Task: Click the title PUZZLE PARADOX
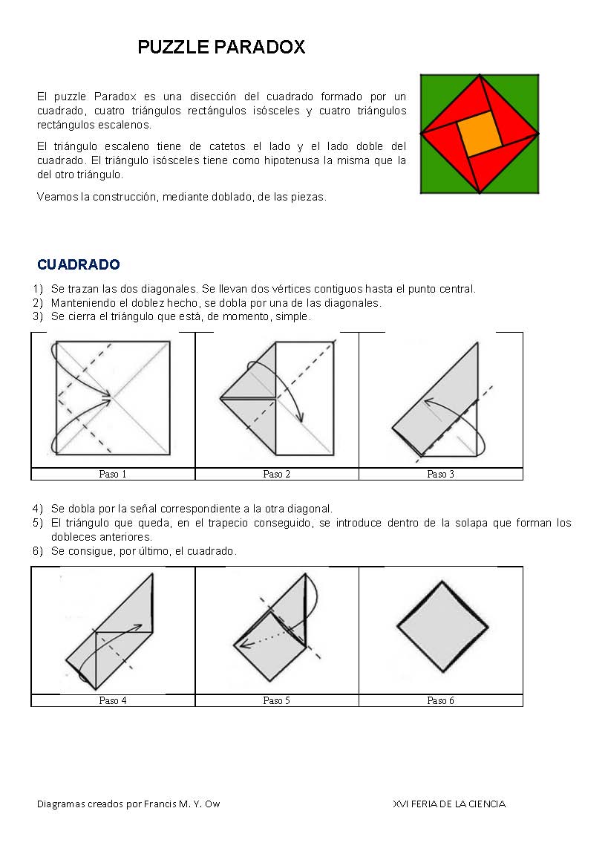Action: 221,48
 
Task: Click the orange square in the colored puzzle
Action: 479,134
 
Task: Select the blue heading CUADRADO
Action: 78,265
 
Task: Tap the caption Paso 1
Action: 113,474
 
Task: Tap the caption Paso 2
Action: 276,474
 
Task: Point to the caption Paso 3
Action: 440,474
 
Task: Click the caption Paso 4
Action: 113,700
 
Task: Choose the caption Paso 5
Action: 276,700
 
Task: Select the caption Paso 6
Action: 440,700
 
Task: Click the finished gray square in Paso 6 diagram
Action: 442,627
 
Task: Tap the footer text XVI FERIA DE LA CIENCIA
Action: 449,804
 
